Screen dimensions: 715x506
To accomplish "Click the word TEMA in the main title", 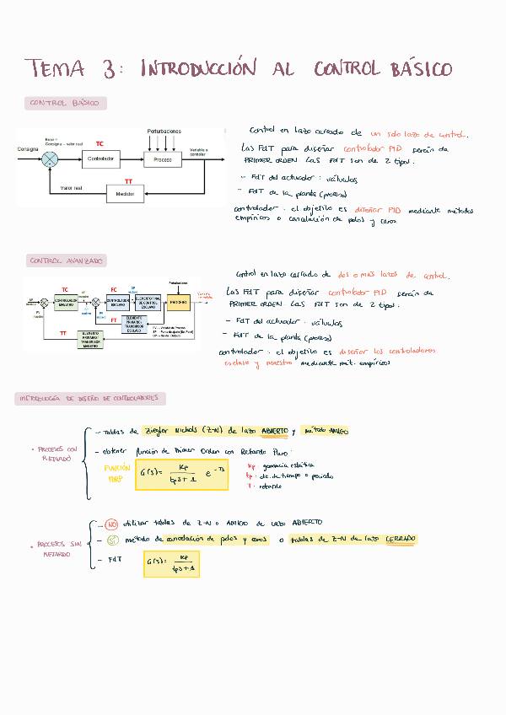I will click(x=52, y=68).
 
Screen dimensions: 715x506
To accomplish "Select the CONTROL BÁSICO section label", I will click(x=64, y=104).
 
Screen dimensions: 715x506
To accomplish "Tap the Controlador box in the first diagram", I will click(x=100, y=159).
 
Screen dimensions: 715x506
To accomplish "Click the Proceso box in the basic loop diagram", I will click(x=164, y=159).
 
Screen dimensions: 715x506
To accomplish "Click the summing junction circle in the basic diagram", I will click(x=48, y=159).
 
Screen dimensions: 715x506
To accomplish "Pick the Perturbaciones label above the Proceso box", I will click(x=164, y=132).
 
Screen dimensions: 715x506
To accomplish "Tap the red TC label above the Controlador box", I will click(x=100, y=144).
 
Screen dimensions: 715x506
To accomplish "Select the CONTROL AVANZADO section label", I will click(x=66, y=261).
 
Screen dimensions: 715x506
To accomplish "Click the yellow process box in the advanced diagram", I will click(x=178, y=302).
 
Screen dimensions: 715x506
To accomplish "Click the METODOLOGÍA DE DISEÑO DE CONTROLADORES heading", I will click(x=89, y=398).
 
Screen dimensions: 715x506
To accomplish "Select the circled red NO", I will click(x=111, y=523).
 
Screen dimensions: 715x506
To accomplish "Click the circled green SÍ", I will click(x=111, y=540).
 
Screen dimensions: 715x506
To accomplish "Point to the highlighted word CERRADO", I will click(x=401, y=540).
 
